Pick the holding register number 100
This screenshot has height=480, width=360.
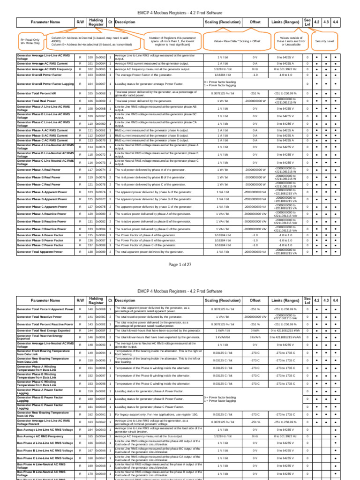(x=90, y=57)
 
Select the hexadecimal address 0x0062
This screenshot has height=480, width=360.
(x=100, y=57)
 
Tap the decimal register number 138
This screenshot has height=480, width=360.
(x=90, y=252)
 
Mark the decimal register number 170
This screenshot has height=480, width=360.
(x=90, y=474)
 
